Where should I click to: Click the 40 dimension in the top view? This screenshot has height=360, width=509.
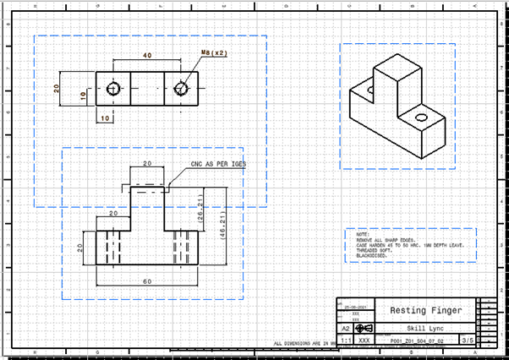pos(147,56)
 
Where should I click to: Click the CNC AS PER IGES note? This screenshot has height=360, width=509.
pos(218,164)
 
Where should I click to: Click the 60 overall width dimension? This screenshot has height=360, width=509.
pos(147,281)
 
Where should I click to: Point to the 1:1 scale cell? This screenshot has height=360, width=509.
pos(347,340)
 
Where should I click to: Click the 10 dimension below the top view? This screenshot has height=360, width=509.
pos(106,119)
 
